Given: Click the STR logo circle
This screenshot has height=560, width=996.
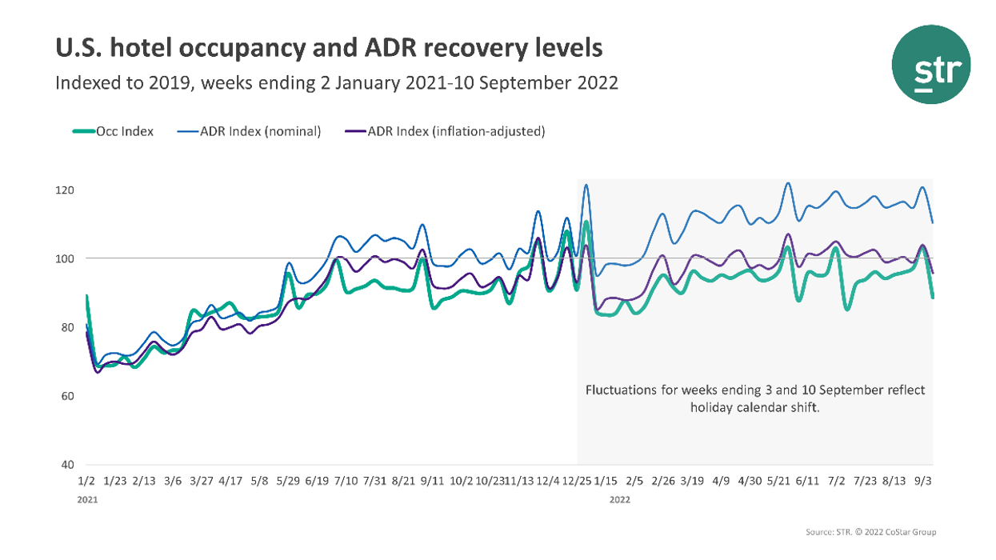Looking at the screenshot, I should point(931,64).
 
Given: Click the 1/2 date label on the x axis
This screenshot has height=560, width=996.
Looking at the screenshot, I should point(86,482).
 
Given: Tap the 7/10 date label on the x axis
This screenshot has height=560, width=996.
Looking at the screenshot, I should point(346,482).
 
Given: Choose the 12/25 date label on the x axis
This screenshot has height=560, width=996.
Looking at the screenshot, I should point(576,482).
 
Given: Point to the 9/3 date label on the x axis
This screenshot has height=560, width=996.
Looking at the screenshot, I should point(922,482).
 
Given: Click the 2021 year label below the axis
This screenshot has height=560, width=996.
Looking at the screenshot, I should point(87,499).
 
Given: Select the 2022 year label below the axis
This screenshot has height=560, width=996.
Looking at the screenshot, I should point(620,499).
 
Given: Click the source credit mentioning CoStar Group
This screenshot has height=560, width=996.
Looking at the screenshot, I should point(871,532).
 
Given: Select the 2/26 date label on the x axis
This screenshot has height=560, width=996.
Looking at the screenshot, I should point(663,482).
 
